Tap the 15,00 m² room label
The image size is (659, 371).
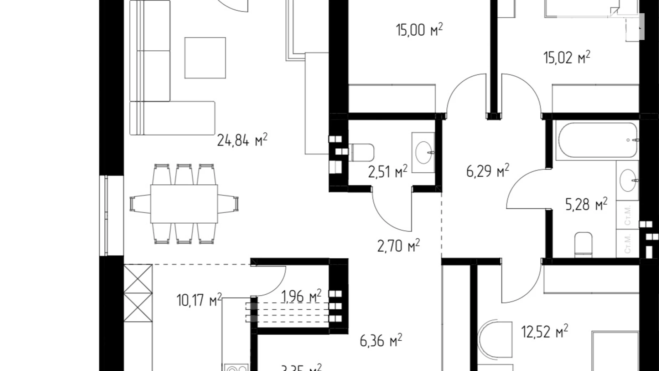[419, 30]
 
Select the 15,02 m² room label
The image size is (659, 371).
[566, 57]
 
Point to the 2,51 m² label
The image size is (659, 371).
[388, 172]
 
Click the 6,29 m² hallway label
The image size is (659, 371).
[487, 171]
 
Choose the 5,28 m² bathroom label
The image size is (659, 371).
[586, 204]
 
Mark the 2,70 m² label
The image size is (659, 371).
[398, 246]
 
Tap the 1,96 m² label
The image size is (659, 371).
[301, 296]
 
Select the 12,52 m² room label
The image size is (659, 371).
[544, 331]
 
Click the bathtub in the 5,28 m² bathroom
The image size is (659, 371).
[597, 140]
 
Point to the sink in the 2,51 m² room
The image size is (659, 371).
[424, 152]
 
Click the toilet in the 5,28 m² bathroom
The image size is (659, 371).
[583, 244]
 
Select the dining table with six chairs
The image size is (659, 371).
[184, 204]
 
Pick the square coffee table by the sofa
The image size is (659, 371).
[205, 58]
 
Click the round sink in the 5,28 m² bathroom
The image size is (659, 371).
[628, 181]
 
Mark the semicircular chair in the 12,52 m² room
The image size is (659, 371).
[495, 340]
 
